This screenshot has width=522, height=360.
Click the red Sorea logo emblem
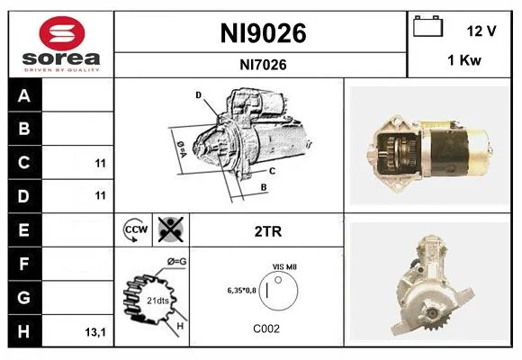pyautogui.click(x=62, y=33)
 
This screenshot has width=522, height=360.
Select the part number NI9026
pyautogui.click(x=263, y=33)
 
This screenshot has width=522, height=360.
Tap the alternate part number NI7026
pyautogui.click(x=263, y=65)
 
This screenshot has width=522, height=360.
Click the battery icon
pyautogui.click(x=427, y=26)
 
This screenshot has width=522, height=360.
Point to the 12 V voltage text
pyautogui.click(x=481, y=31)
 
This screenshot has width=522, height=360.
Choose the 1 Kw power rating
pyautogui.click(x=464, y=60)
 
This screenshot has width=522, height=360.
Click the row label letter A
pyautogui.click(x=24, y=96)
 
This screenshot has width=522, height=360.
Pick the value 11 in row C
pyautogui.click(x=100, y=164)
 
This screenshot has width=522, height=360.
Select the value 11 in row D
pyautogui.click(x=100, y=195)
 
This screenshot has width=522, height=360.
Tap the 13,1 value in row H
pyautogui.click(x=95, y=332)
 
